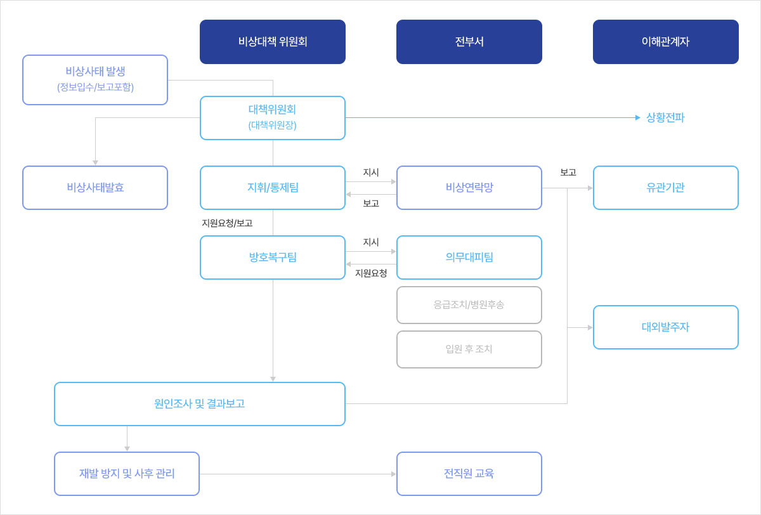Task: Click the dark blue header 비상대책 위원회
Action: click(273, 42)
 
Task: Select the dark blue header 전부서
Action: click(469, 42)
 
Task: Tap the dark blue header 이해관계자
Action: click(666, 42)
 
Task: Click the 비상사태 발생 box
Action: click(95, 80)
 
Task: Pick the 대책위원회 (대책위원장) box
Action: click(273, 118)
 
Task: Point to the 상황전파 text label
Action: click(665, 117)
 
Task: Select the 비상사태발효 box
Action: click(95, 188)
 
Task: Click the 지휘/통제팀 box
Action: click(273, 188)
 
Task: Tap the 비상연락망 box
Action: click(469, 188)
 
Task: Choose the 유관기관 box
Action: click(666, 188)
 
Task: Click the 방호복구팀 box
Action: click(273, 257)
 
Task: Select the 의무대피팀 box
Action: click(469, 257)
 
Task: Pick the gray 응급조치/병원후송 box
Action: click(469, 305)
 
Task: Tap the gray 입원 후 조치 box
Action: click(469, 349)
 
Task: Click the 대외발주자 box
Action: click(666, 327)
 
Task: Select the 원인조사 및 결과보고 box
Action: click(200, 404)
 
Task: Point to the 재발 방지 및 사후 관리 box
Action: click(127, 474)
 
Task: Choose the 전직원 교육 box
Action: click(469, 474)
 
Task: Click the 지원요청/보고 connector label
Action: click(227, 223)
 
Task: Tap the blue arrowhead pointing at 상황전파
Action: click(638, 118)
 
